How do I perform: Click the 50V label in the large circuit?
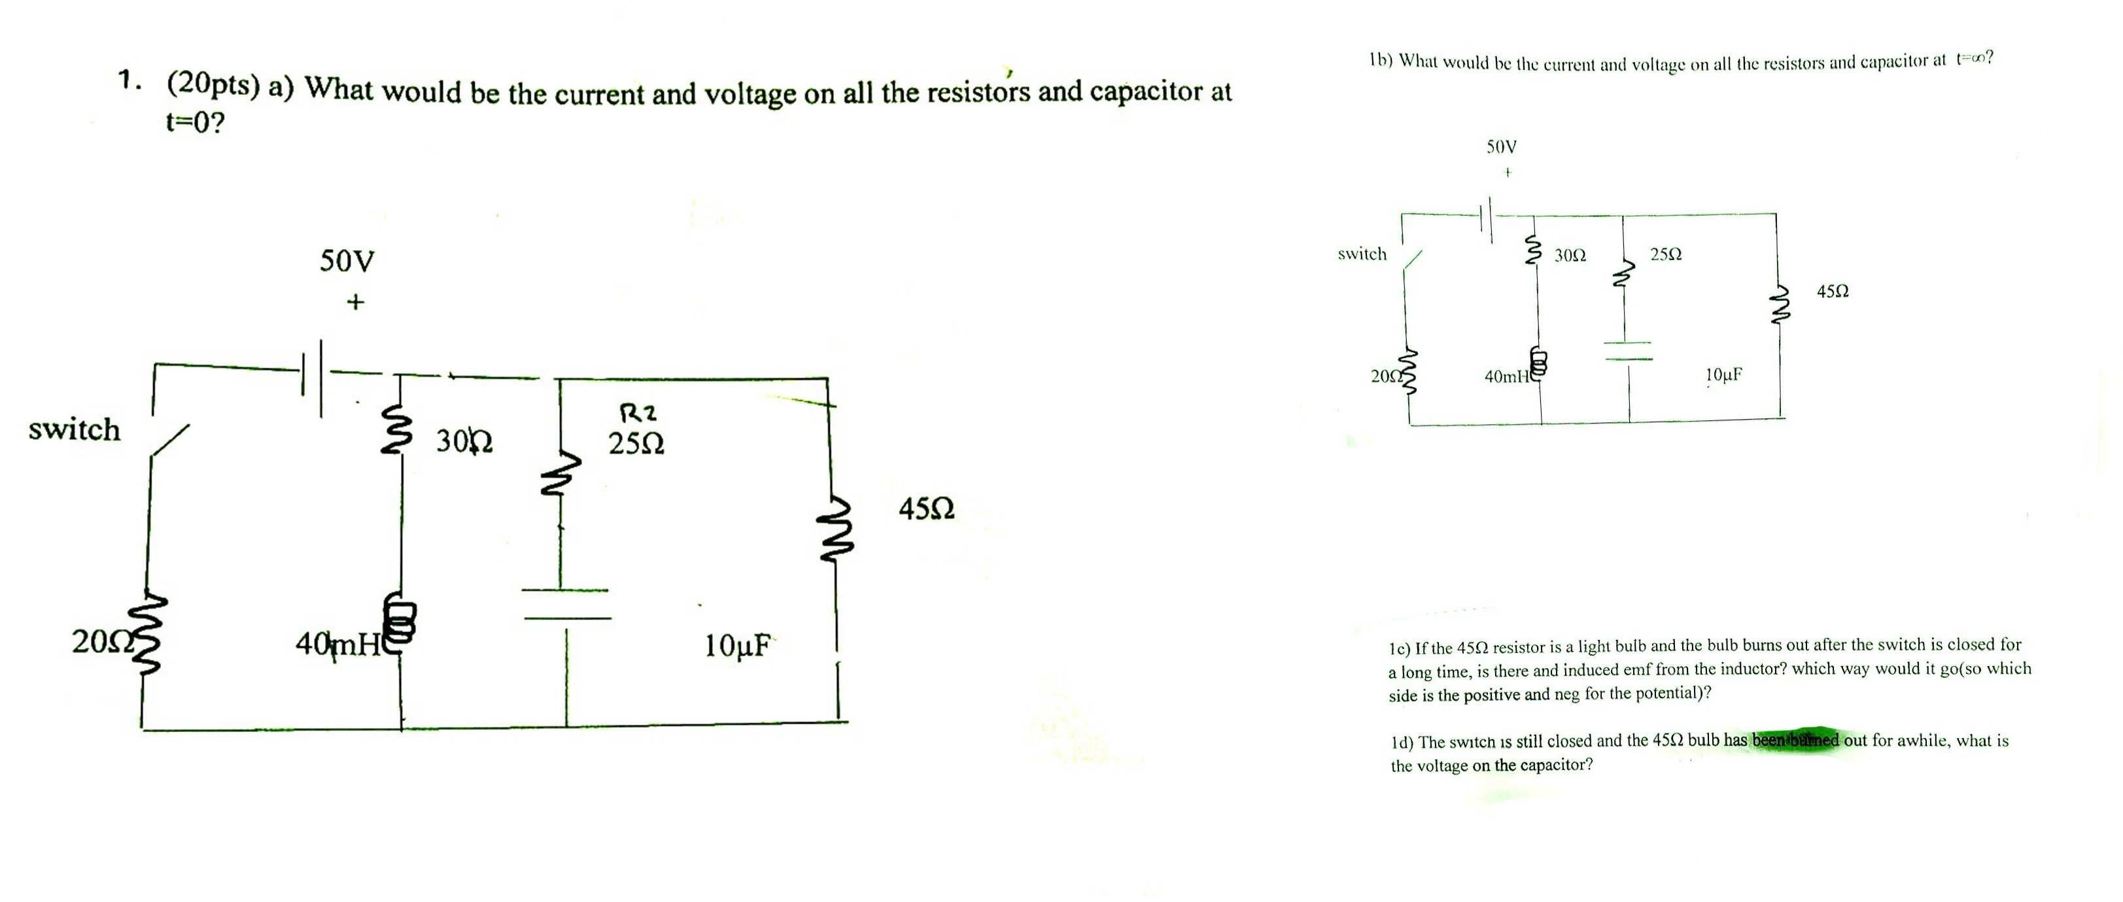coord(347,261)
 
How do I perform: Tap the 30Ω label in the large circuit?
coord(464,443)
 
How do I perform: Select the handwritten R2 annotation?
coord(637,412)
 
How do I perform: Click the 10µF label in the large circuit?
coord(738,646)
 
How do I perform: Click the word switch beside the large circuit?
coord(74,430)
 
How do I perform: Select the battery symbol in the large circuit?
coord(314,380)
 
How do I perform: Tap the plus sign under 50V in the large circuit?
coord(354,303)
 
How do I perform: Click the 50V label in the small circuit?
coord(1502,148)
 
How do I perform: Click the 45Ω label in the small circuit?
coord(1832,292)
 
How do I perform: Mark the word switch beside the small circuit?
coord(1362,254)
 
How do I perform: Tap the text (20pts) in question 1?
coord(213,85)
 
